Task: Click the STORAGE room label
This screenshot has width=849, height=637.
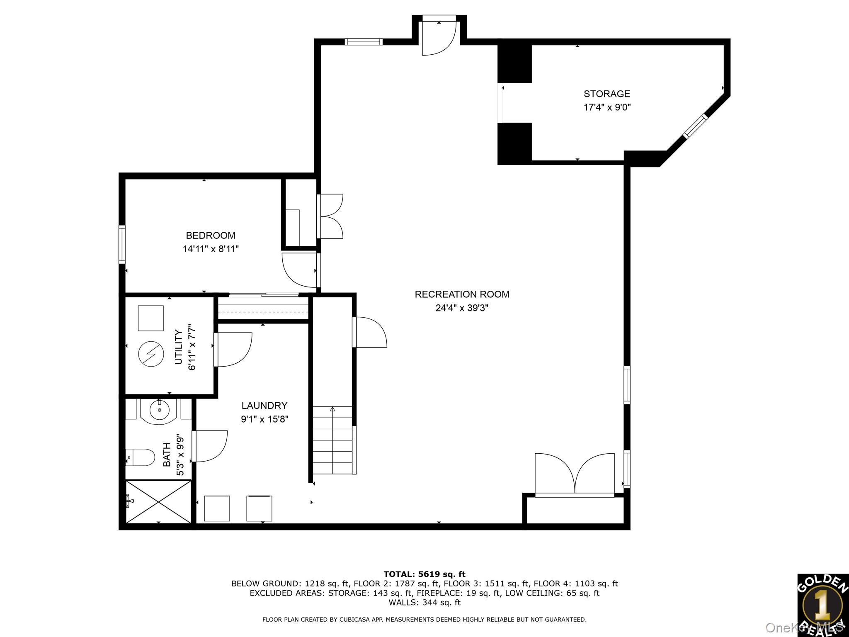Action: click(606, 94)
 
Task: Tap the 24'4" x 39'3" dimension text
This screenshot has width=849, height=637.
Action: click(462, 308)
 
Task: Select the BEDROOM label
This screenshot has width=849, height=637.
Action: click(211, 236)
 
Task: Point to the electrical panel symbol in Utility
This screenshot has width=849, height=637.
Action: click(150, 354)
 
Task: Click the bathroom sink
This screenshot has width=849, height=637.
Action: click(159, 411)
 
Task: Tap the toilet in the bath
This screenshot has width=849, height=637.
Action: click(135, 457)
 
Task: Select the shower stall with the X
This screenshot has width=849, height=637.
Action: click(158, 502)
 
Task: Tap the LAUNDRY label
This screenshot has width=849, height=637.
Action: click(264, 406)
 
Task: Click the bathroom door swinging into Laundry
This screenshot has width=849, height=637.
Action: click(209, 446)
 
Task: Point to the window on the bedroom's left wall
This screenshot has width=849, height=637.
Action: click(122, 244)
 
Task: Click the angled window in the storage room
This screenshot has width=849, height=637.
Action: click(695, 126)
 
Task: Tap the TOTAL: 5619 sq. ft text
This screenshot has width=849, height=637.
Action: click(424, 574)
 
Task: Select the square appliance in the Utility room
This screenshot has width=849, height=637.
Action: click(150, 318)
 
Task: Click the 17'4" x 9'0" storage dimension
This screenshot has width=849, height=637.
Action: click(607, 107)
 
